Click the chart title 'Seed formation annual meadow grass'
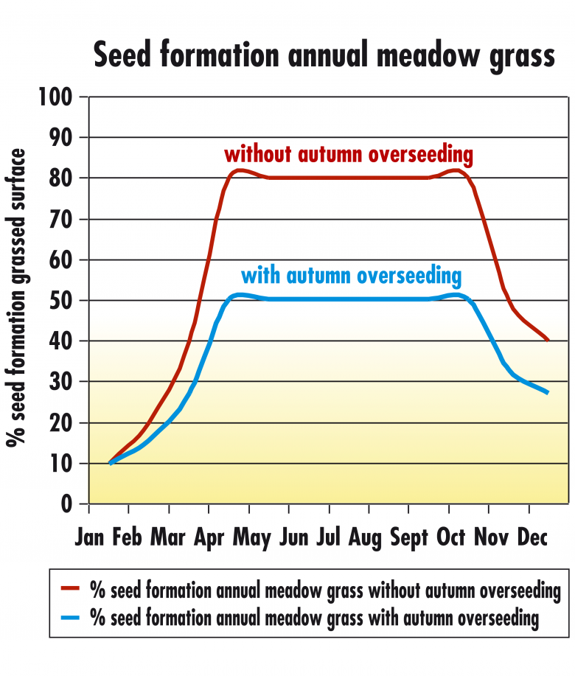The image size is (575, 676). click(324, 55)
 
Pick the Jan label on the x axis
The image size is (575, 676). click(89, 537)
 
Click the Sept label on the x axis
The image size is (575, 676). click(409, 537)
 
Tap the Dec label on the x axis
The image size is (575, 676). click(532, 537)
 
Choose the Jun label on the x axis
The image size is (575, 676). click(293, 537)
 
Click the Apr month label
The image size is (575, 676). click(209, 537)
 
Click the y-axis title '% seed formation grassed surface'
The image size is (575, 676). click(16, 298)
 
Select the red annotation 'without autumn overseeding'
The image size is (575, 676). click(349, 155)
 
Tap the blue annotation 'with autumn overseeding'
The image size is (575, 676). click(351, 276)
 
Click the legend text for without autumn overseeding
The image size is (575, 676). click(325, 590)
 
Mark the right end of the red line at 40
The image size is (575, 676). click(548, 340)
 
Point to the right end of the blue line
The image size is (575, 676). click(548, 393)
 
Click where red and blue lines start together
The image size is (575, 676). click(111, 463)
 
